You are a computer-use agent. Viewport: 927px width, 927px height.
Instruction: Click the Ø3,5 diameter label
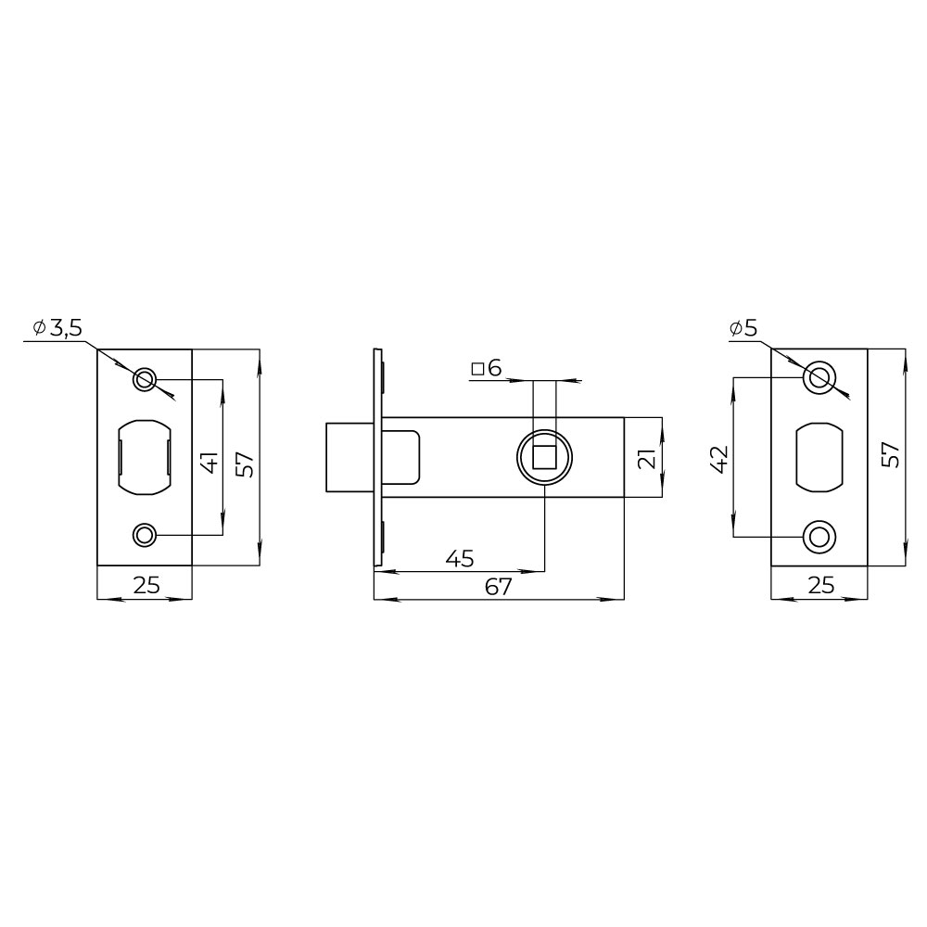[x=57, y=328]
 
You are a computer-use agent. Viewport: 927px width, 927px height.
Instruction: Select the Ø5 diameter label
[x=743, y=328]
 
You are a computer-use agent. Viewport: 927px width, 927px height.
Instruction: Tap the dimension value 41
[x=210, y=463]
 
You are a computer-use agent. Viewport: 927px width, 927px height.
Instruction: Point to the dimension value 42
[x=719, y=460]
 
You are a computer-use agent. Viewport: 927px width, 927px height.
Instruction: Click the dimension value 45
[x=460, y=558]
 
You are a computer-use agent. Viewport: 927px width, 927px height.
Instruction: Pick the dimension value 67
[x=499, y=587]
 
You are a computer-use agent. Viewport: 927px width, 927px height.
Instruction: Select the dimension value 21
[x=647, y=459]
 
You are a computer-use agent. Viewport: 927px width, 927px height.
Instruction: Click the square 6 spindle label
[x=487, y=368]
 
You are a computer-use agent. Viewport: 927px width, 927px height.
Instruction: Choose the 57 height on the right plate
[x=890, y=455]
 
